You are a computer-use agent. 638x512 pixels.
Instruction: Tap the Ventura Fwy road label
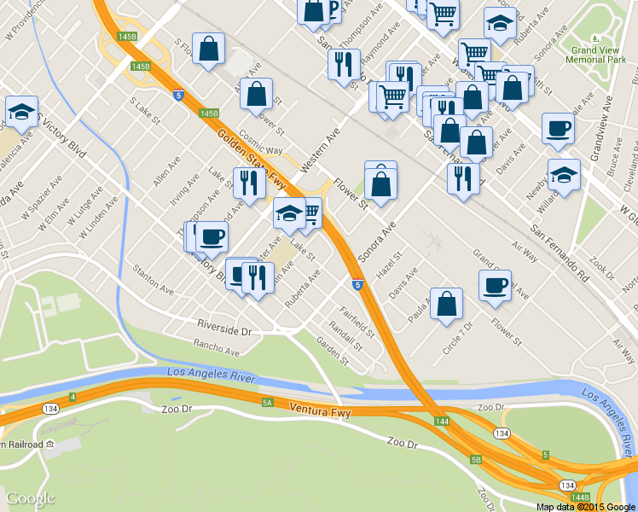[319, 410]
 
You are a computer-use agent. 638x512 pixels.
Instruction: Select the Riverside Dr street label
[225, 328]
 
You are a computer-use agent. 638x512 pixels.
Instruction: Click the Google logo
[31, 498]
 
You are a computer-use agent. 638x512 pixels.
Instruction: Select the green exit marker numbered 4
[73, 397]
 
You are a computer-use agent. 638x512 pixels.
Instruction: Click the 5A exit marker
[267, 402]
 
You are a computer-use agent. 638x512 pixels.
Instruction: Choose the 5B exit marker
[476, 460]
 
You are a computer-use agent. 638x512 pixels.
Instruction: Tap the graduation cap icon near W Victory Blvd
[22, 112]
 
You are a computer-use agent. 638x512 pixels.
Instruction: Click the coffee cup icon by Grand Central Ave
[495, 286]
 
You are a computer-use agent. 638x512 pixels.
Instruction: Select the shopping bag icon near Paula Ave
[447, 305]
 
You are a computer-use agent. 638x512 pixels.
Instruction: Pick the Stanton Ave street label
[154, 281]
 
